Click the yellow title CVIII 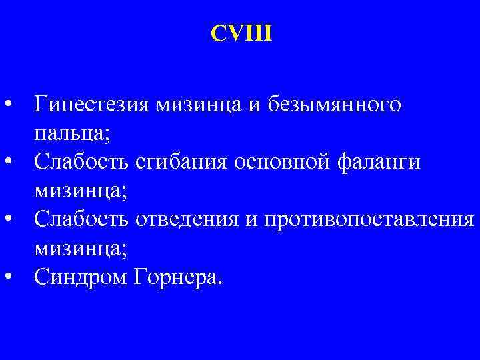tap(241, 33)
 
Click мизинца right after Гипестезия tap(197, 106)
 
